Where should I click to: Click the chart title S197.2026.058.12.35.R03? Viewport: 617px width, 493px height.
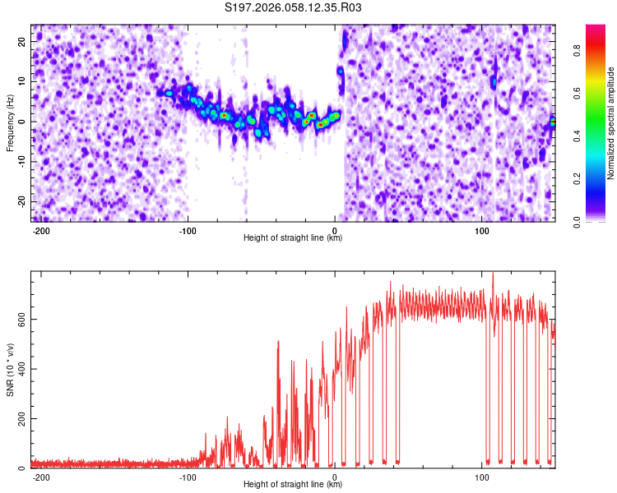(294, 8)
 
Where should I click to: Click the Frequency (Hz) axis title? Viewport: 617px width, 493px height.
(10, 123)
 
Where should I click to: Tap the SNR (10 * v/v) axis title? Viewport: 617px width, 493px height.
(10, 369)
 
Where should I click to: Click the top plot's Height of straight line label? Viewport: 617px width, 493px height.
(293, 238)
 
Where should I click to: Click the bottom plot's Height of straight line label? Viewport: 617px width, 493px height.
(293, 485)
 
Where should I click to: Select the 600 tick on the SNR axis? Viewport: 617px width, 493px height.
(20, 319)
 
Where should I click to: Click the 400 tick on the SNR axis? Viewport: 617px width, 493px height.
(20, 369)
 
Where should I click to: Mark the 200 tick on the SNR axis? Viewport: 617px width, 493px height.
(20, 419)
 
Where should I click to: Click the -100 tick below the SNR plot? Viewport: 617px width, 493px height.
(188, 477)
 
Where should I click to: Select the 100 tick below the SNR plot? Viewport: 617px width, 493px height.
(481, 477)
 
